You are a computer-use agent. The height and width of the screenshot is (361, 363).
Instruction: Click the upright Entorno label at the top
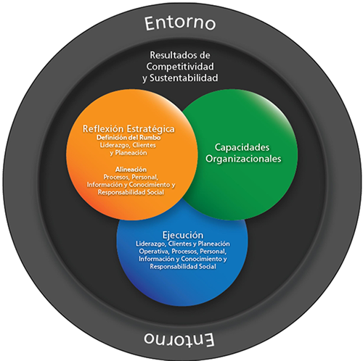180,23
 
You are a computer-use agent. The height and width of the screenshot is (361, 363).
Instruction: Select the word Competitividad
180,67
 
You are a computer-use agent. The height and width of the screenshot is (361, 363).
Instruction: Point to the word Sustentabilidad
184,78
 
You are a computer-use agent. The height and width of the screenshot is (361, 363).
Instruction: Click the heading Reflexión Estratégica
129,129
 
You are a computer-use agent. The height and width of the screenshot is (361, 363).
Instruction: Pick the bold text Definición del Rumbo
129,138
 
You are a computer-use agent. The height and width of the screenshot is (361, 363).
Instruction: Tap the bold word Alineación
131,170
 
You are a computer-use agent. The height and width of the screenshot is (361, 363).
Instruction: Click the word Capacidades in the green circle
242,147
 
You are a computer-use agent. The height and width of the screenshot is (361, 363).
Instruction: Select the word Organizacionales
243,159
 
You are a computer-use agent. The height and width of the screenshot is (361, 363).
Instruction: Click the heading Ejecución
183,235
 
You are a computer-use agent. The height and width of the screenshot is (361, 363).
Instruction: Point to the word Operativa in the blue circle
154,252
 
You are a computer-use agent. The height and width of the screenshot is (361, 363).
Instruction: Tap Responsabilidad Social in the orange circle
131,192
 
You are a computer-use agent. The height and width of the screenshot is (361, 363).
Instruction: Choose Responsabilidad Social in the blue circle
183,267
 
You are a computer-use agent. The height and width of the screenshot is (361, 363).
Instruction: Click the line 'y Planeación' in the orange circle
129,153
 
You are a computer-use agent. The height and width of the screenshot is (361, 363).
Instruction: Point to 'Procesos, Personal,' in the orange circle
131,177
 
